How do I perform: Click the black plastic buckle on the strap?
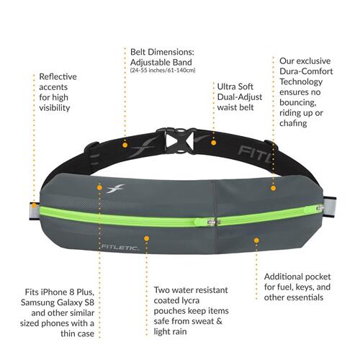tap(178, 140)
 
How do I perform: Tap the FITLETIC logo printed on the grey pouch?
tap(120, 248)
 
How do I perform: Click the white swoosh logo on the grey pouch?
tap(116, 189)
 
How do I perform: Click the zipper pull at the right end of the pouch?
tap(320, 208)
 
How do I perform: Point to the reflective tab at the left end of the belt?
tap(35, 211)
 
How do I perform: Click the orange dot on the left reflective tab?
tap(35, 205)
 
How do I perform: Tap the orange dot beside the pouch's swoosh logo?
tap(99, 187)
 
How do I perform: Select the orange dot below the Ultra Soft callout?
tap(214, 143)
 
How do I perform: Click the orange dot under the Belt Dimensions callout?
tap(125, 145)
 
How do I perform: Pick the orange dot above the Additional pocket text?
tap(256, 240)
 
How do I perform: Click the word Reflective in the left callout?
tap(58, 77)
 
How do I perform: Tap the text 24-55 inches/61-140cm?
tap(163, 71)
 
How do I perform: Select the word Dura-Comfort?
tap(306, 71)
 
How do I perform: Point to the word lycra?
tap(190, 301)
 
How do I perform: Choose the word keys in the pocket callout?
tap(305, 287)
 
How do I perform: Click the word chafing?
tap(293, 123)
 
